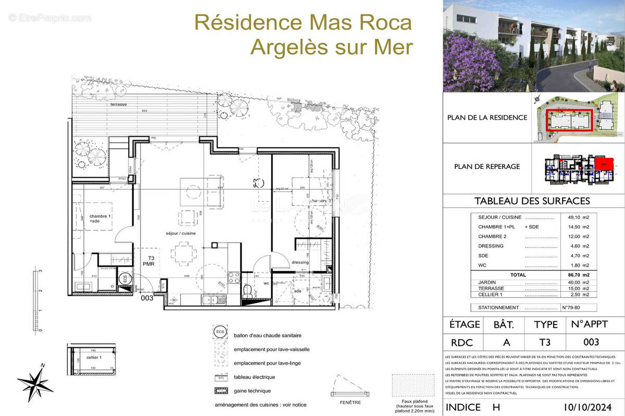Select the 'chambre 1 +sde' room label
100,219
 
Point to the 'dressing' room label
301,262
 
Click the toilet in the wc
247,289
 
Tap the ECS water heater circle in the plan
124,279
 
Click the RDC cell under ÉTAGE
463,342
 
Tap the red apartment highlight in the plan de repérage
604,162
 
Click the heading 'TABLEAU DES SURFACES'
532,201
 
